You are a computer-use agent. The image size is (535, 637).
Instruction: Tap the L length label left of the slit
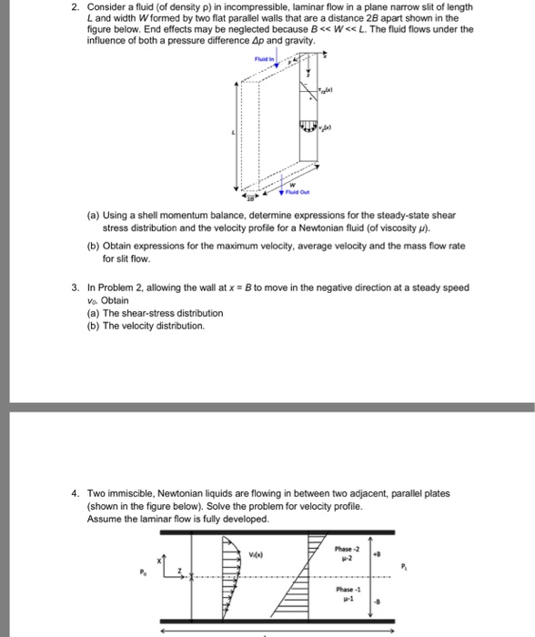(x=234, y=133)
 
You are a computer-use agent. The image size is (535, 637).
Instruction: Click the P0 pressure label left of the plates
(x=142, y=571)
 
